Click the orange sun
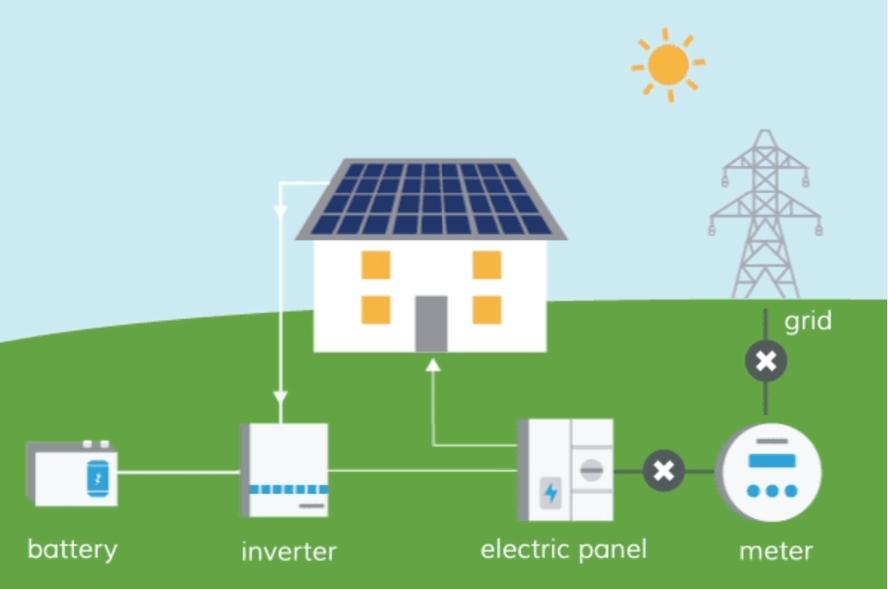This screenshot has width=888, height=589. pos(669,65)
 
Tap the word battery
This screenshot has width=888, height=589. pos(73,550)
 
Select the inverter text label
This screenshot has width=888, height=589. pos(289,551)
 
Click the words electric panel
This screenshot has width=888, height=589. pos(564,550)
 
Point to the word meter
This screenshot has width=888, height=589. pos(776,551)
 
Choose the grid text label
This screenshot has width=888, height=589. pos(808,321)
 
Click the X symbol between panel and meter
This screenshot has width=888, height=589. pos(663,470)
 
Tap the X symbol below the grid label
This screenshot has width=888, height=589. pos(766,361)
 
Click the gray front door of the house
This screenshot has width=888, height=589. pos(431,324)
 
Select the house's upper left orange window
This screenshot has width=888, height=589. pos(376,265)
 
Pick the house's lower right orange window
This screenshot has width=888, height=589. pos(487,310)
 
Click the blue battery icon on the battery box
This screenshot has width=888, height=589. pos(98,479)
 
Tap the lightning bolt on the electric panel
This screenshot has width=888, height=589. pos(551,493)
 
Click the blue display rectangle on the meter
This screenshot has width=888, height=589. pos(772,460)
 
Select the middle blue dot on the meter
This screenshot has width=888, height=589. pos(772,491)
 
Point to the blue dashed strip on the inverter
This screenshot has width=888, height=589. pos(289,489)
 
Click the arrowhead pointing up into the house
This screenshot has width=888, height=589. pos(433,365)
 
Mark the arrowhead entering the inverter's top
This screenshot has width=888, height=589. pos(280,396)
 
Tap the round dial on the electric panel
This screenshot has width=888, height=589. pos(591,469)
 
